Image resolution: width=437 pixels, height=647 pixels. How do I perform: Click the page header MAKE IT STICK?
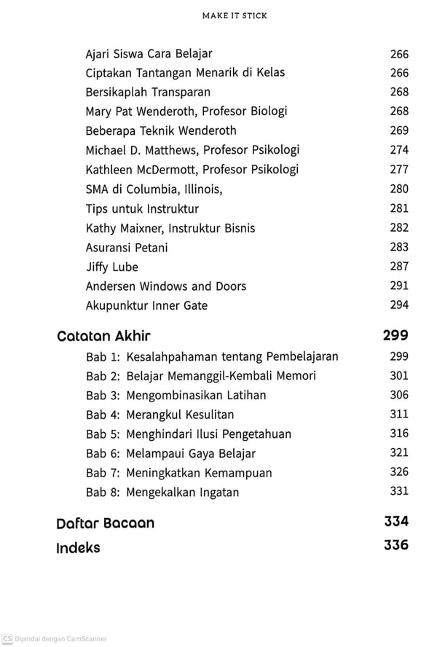(219, 15)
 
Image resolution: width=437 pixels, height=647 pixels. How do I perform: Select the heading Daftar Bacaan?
(105, 522)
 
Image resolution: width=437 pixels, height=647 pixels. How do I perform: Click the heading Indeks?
(78, 547)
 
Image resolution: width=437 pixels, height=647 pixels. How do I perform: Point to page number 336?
(395, 545)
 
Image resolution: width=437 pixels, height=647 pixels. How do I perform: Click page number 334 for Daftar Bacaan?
(395, 521)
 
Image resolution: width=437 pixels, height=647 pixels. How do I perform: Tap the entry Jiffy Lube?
(111, 267)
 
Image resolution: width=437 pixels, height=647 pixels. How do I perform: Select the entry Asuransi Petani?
(127, 248)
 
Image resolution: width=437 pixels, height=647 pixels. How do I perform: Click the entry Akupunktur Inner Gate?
(146, 305)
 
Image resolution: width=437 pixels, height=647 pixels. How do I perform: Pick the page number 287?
(399, 266)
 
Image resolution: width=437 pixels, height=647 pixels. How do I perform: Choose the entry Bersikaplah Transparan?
(148, 92)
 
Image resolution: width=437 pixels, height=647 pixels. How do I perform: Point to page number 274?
(399, 149)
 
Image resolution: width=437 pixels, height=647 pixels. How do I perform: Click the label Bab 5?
(102, 434)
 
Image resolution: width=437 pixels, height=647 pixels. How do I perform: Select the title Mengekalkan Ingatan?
(182, 493)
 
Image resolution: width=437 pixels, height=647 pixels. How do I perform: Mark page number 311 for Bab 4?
(399, 414)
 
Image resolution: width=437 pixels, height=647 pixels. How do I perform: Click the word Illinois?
(199, 189)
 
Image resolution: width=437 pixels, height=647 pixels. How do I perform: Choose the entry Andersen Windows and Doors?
(166, 286)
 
